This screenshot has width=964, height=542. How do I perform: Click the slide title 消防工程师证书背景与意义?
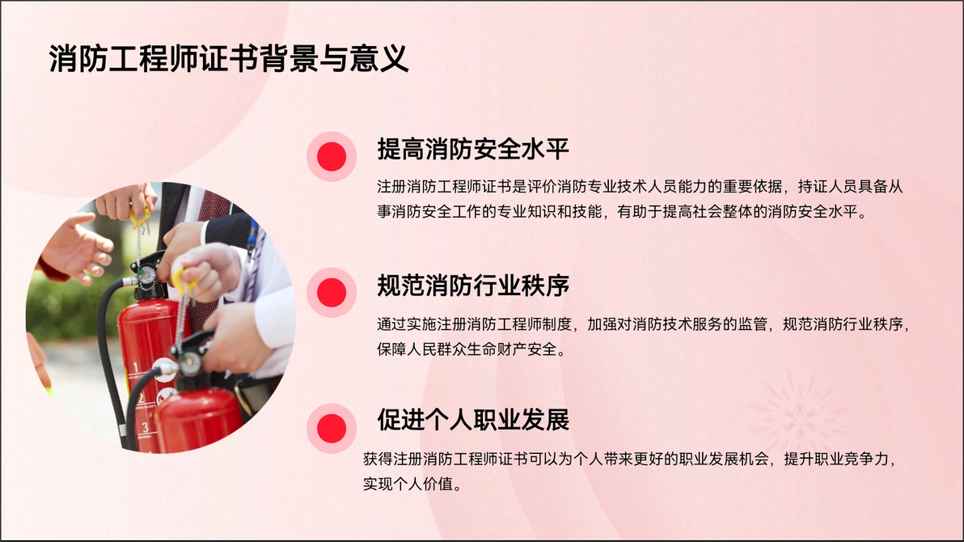click(x=229, y=59)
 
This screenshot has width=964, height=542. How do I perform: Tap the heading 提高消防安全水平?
click(x=473, y=149)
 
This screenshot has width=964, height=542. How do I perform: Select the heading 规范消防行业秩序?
click(x=473, y=285)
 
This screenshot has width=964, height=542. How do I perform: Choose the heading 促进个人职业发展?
click(x=473, y=420)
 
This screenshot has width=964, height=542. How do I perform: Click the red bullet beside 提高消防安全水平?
click(x=332, y=156)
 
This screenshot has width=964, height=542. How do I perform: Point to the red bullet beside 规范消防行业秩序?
click(x=332, y=292)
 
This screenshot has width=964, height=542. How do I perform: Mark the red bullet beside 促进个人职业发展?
click(x=332, y=428)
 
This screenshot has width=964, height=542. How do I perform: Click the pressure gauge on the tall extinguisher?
click(x=146, y=275)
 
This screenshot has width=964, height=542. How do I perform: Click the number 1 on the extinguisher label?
click(x=136, y=369)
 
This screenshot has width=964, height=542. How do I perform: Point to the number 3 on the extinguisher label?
click(x=145, y=427)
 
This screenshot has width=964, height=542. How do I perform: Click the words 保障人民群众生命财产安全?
click(x=467, y=349)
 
